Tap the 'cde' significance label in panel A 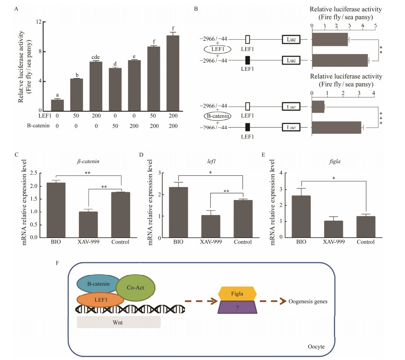click(96, 58)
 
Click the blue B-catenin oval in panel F click(99, 284)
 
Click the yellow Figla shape click(237, 294)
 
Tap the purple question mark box click(237, 308)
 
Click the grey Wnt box click(119, 322)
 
